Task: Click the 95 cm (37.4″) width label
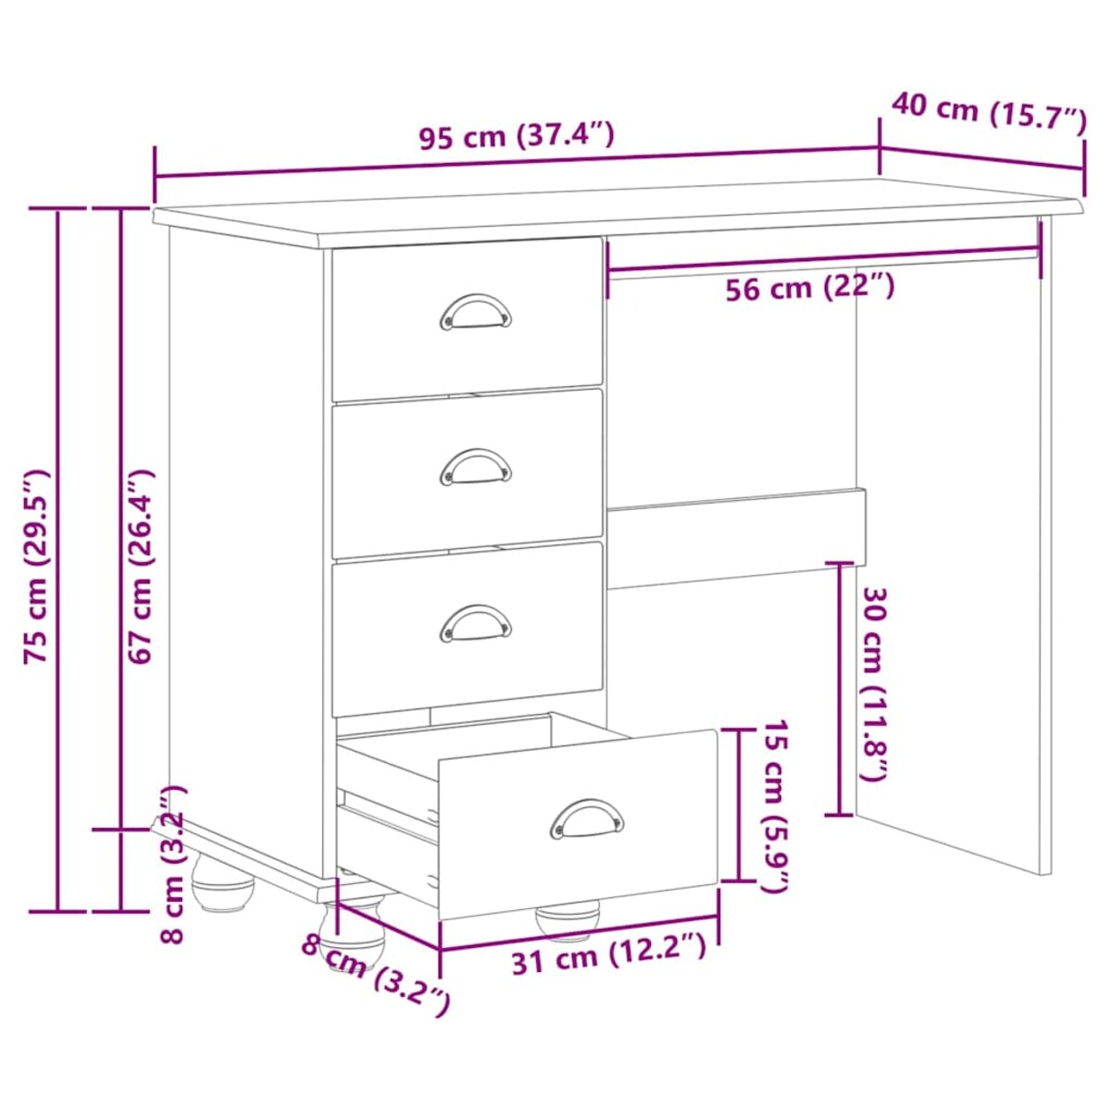click(x=516, y=136)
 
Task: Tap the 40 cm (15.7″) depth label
click(x=988, y=113)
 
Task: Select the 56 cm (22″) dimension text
click(x=809, y=289)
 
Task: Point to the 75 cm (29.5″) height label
click(x=37, y=566)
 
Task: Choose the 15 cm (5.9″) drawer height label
click(x=774, y=805)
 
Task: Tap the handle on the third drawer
click(x=475, y=622)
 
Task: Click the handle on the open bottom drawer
click(x=586, y=818)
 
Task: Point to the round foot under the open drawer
click(x=568, y=918)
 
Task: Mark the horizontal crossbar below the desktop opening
click(x=736, y=537)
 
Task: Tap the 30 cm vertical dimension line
click(x=840, y=689)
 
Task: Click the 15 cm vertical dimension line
click(x=738, y=805)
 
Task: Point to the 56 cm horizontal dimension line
click(x=824, y=259)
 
